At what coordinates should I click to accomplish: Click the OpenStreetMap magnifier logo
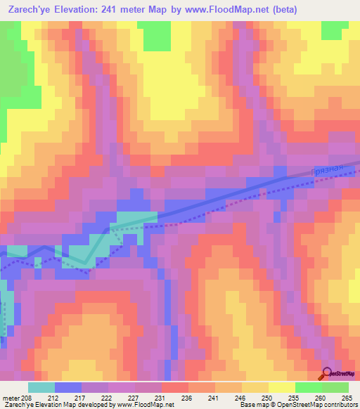click(x=326, y=375)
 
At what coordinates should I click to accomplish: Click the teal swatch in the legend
click(x=41, y=387)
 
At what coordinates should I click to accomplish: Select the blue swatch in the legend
click(x=68, y=387)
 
